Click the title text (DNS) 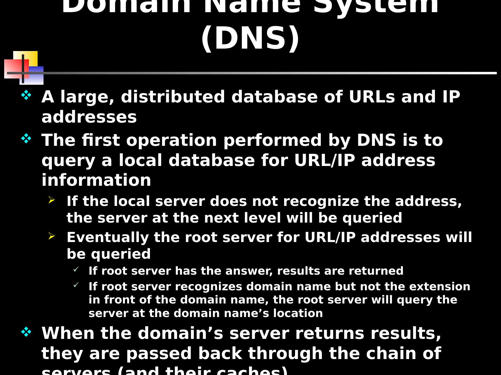[x=250, y=38]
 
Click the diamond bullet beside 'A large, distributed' [x=26, y=95]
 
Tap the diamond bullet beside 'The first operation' [x=26, y=139]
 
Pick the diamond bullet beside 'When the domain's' [x=26, y=332]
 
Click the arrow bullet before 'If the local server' [x=51, y=200]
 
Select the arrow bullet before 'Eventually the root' [x=51, y=236]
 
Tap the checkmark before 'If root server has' [x=76, y=269]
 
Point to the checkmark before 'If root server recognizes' [x=76, y=285]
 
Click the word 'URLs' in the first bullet [x=372, y=97]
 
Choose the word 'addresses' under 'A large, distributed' [x=89, y=117]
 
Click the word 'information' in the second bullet [x=96, y=180]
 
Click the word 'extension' [x=439, y=286]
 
